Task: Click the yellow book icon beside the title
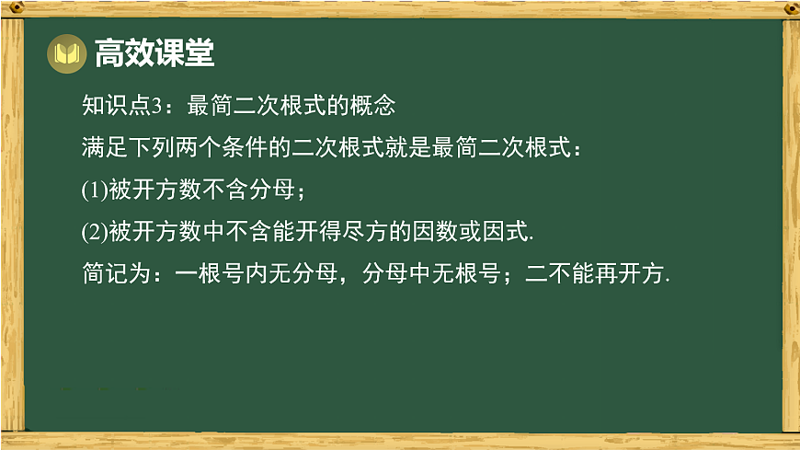tap(65, 54)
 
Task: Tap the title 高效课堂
tap(154, 54)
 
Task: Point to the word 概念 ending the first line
tap(374, 106)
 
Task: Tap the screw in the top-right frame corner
tap(789, 8)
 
